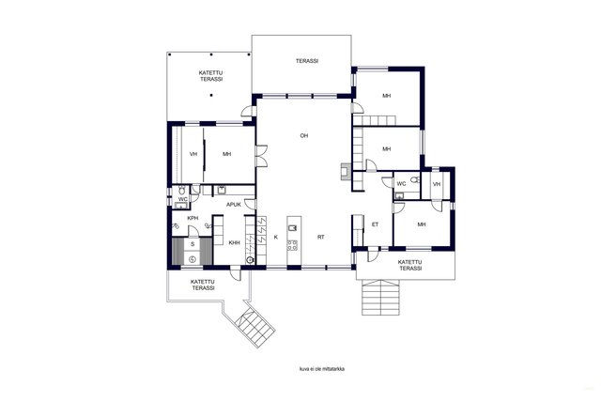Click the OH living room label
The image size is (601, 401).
[x=304, y=136]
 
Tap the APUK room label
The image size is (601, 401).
[x=234, y=205]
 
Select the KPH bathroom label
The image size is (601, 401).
[x=193, y=218]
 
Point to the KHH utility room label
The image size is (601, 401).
[x=234, y=242]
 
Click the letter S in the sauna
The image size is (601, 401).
[x=193, y=244]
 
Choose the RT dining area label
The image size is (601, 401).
[x=321, y=238]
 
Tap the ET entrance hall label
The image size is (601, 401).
[x=376, y=224]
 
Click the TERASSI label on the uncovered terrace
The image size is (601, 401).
[x=307, y=61]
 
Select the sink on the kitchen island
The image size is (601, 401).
[x=292, y=228]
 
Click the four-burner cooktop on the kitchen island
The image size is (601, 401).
[x=292, y=245]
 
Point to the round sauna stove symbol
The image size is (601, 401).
[x=193, y=259]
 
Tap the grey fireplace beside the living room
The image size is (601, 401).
[x=345, y=172]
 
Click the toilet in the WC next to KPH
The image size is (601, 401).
[x=181, y=191]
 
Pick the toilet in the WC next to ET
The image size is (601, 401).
[x=414, y=179]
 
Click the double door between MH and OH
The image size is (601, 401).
[x=261, y=156]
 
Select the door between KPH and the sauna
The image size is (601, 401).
[x=193, y=232]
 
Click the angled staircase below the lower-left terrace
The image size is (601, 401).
[x=254, y=328]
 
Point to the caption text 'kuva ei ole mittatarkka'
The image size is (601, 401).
[x=322, y=369]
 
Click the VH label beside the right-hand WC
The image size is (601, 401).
[x=437, y=184]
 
